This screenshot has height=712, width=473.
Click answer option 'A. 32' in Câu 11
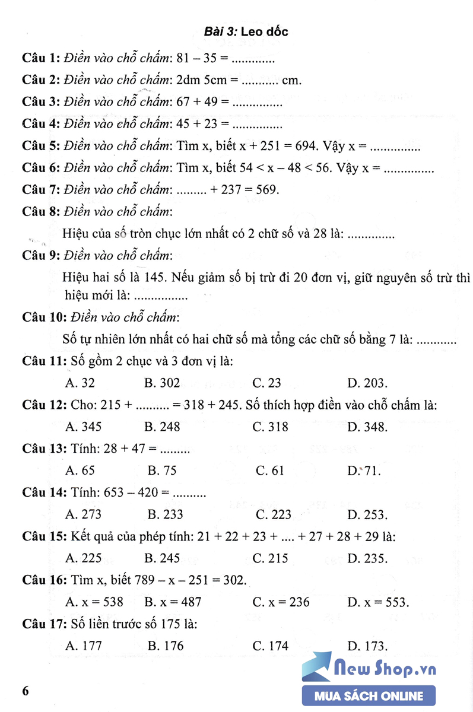80,383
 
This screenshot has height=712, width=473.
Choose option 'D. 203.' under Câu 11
367,383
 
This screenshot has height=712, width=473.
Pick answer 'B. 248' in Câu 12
162,427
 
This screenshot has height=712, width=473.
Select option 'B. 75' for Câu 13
162,471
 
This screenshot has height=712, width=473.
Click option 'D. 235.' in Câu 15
367,558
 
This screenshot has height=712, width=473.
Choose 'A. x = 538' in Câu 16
94,602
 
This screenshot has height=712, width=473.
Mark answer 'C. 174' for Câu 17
270,646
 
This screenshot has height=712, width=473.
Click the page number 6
25,692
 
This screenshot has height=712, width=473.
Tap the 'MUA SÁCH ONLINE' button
369,696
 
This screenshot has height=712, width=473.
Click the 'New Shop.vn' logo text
385,669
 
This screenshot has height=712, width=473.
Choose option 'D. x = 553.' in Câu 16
378,602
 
